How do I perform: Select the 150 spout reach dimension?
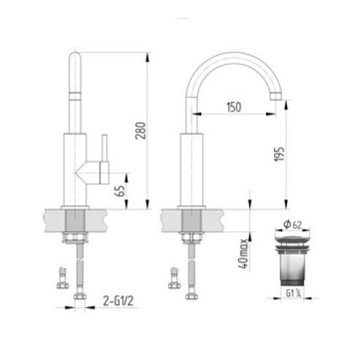[x=232, y=107]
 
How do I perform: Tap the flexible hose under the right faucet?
[x=192, y=270]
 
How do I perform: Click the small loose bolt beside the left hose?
[x=60, y=278]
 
